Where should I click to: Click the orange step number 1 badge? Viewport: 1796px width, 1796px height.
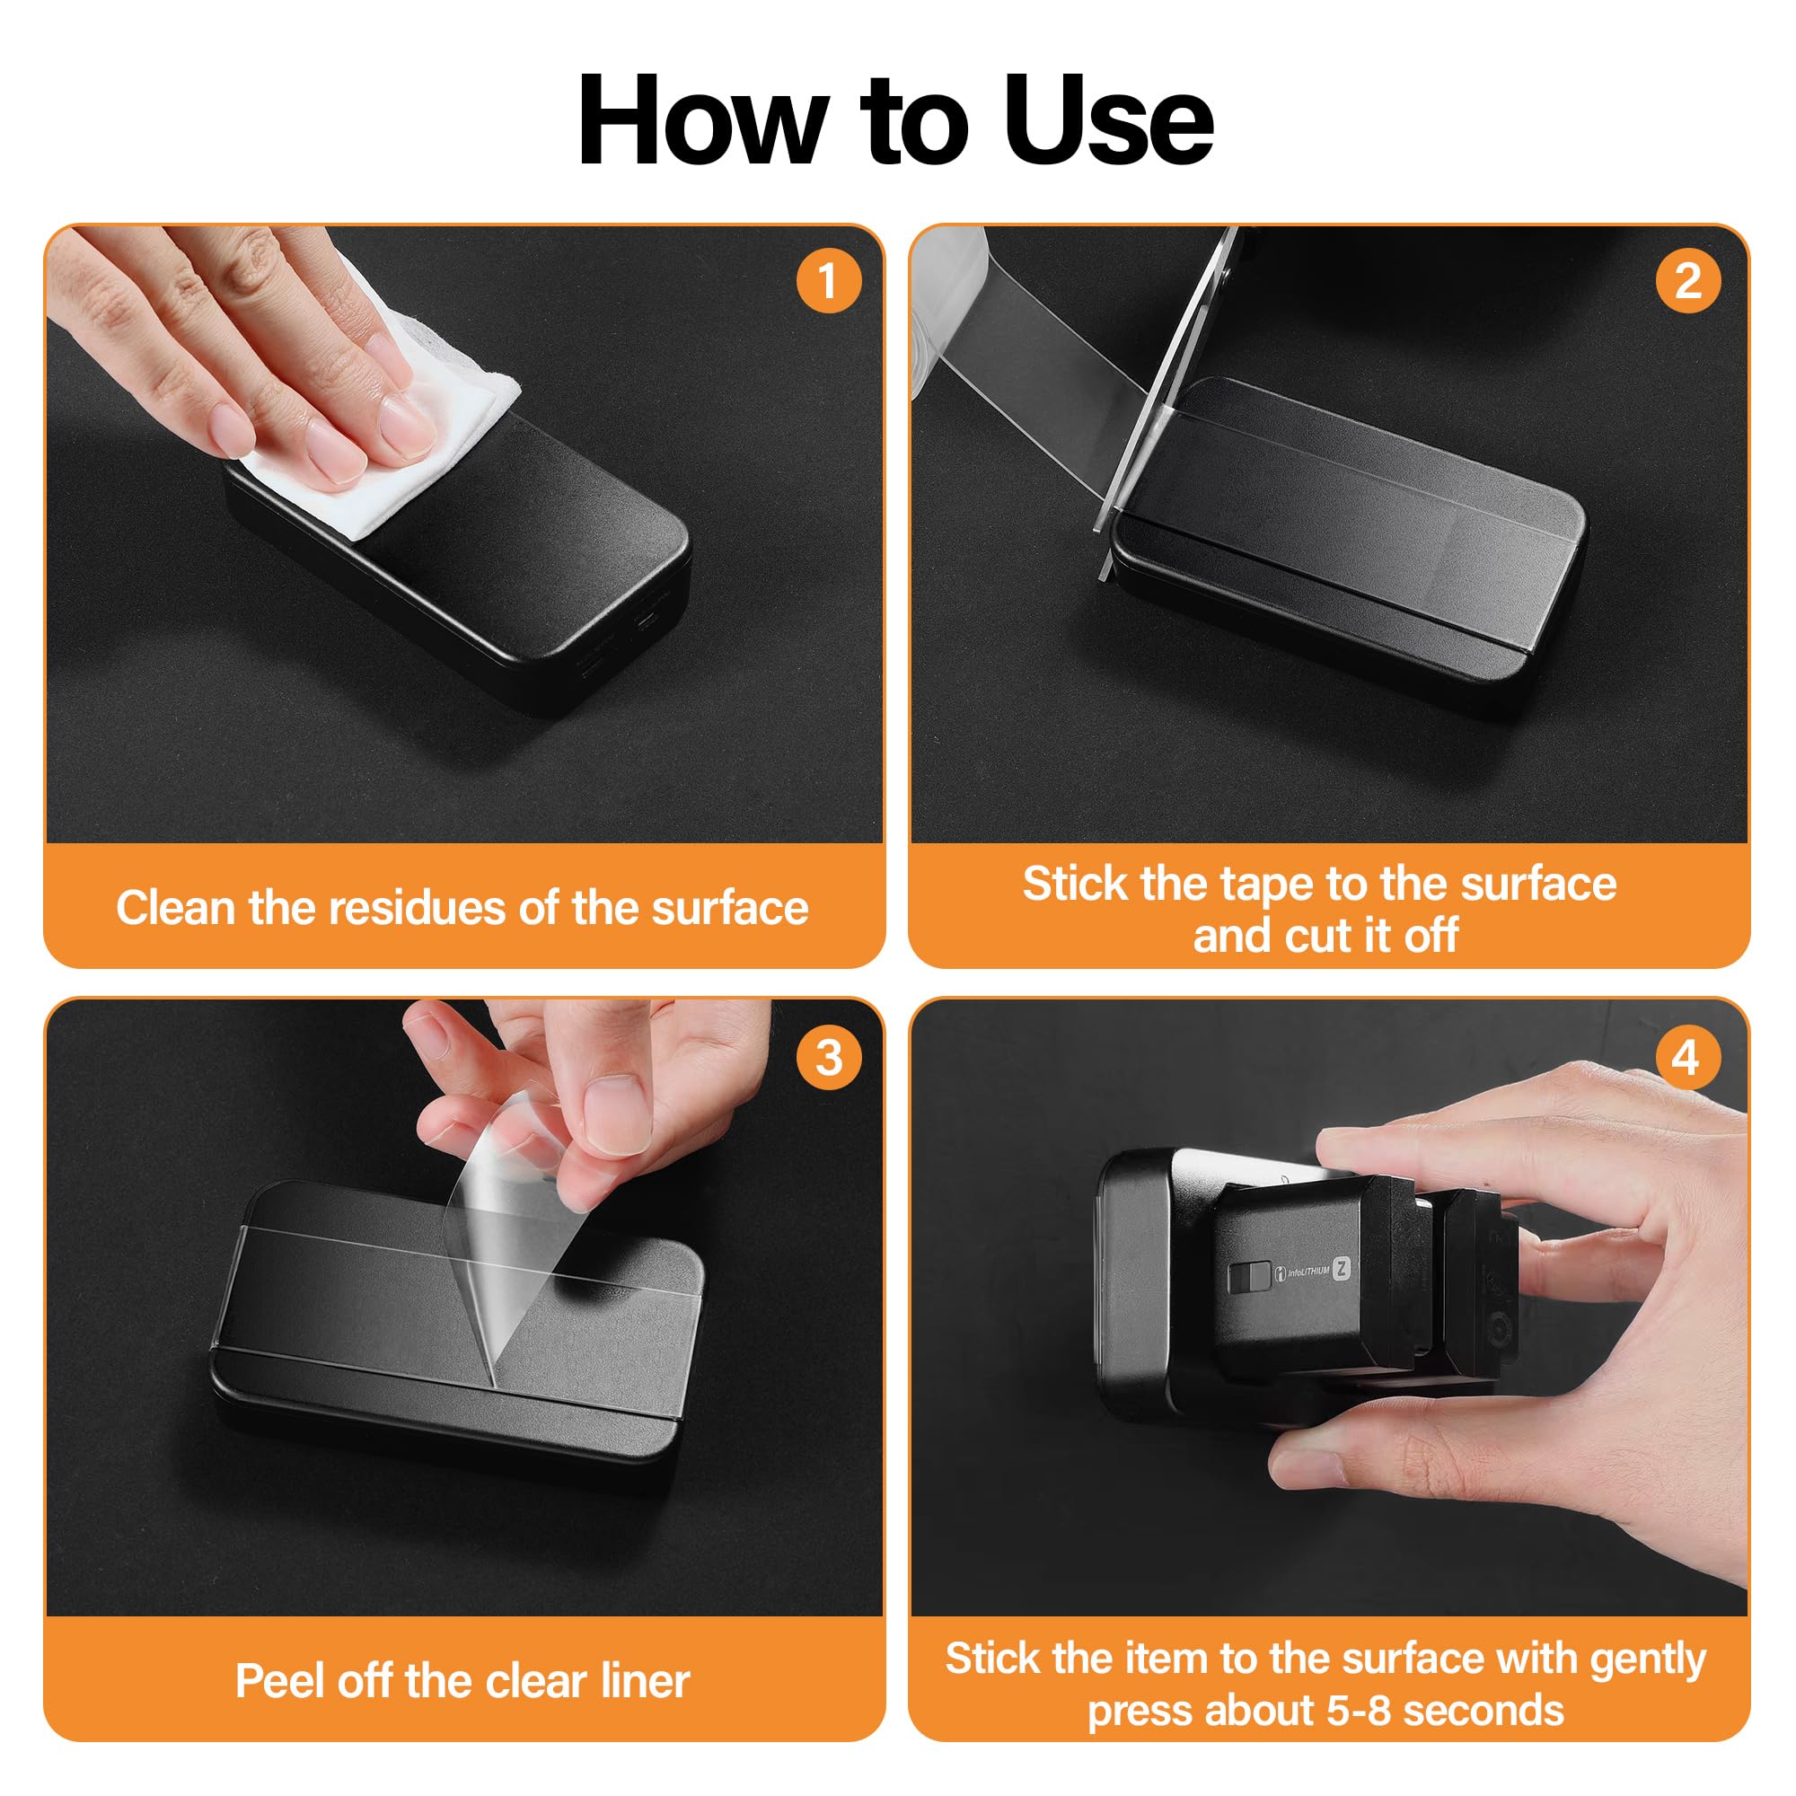[828, 281]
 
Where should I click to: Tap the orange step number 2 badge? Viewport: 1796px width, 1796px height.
[1688, 281]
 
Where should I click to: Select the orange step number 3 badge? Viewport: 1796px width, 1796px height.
[828, 1057]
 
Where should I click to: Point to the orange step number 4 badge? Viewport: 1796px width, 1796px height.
[1686, 1057]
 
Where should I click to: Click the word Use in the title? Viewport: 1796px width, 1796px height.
[1109, 121]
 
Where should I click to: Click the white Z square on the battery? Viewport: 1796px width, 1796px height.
[1343, 1268]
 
